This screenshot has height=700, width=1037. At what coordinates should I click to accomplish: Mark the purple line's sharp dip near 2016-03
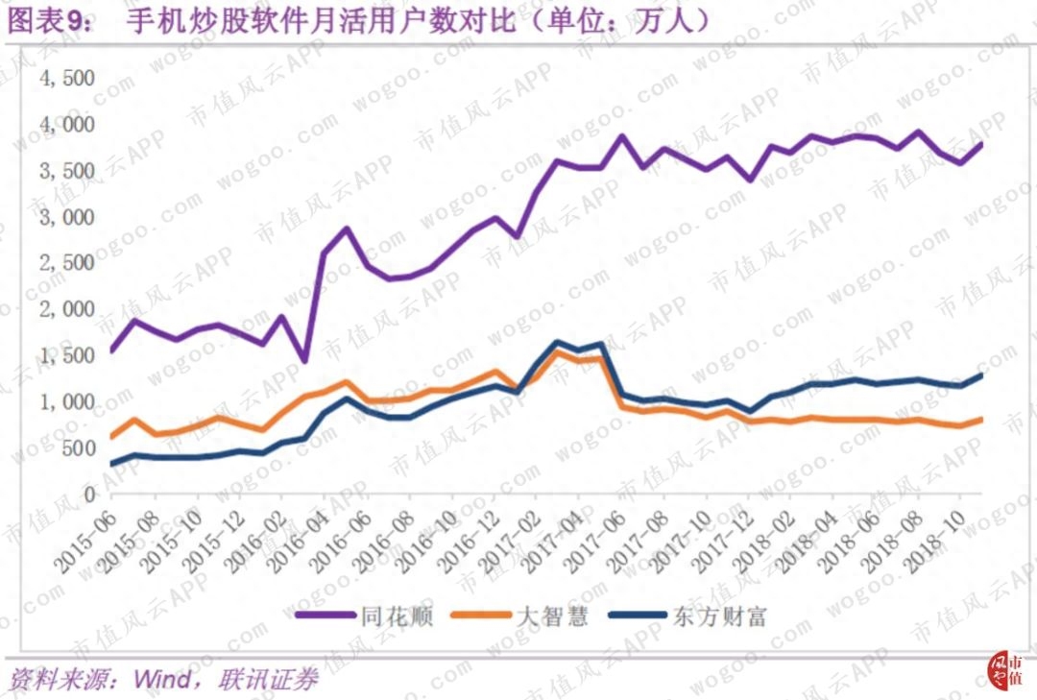[x=304, y=361]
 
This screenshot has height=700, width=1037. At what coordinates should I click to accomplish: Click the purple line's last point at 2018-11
[x=980, y=144]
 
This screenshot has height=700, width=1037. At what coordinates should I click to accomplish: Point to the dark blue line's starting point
[x=111, y=464]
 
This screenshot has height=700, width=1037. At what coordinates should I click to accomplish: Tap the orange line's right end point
[x=980, y=419]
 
